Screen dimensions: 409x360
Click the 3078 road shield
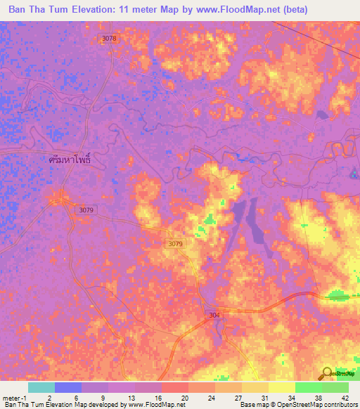[x=108, y=39]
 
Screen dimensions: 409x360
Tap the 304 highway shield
[x=214, y=315]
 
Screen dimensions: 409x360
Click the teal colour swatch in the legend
[x=41, y=387]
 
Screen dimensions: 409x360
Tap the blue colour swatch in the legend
[x=67, y=387]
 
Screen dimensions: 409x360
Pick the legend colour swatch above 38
[x=308, y=387]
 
